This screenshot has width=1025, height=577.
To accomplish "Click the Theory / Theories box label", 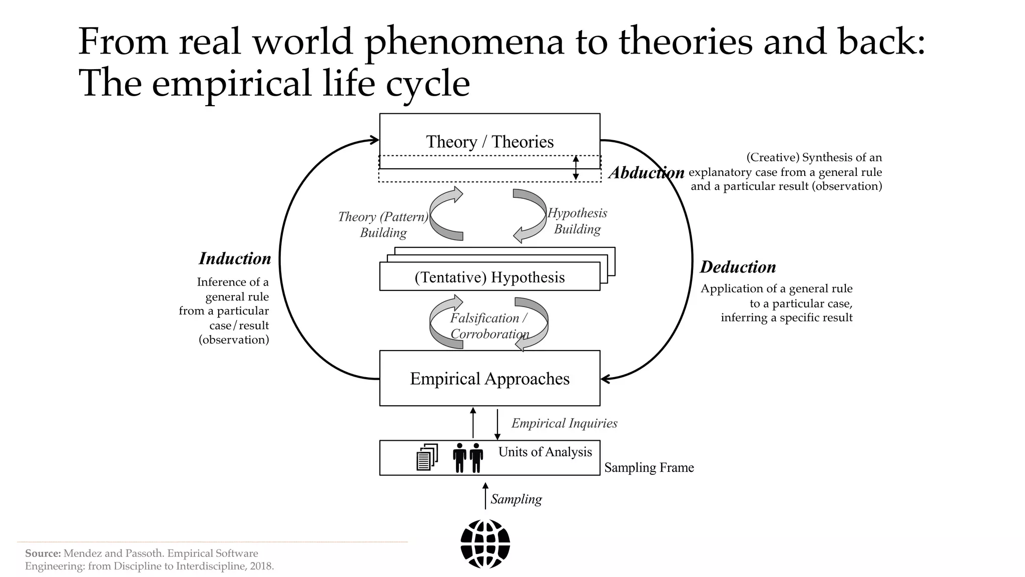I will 489,142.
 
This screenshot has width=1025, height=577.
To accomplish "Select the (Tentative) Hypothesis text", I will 489,277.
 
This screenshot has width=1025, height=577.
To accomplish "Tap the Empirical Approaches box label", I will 489,379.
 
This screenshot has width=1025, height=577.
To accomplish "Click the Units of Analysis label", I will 545,452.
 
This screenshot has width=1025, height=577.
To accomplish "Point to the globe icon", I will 485,544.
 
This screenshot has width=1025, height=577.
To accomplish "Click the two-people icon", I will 468,457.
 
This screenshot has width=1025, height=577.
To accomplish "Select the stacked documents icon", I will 427,457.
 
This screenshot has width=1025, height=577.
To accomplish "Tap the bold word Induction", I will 235,258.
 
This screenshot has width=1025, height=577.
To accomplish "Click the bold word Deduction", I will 738,267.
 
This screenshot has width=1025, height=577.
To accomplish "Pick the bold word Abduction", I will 646,173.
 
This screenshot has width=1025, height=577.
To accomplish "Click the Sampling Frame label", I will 649,468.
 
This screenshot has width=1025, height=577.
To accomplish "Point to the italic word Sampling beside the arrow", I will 516,499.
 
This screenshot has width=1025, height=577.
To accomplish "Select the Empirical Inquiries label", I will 564,423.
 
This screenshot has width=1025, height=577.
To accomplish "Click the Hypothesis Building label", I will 577,221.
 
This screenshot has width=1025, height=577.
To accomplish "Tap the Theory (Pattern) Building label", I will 383,224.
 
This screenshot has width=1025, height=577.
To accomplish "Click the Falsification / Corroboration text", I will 489,326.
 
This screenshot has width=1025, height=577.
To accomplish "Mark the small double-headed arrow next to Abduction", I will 576,168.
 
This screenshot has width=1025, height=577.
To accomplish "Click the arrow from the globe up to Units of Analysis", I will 485,495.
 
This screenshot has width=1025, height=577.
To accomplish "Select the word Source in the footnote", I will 43,553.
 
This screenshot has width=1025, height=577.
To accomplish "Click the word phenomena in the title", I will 464,42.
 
